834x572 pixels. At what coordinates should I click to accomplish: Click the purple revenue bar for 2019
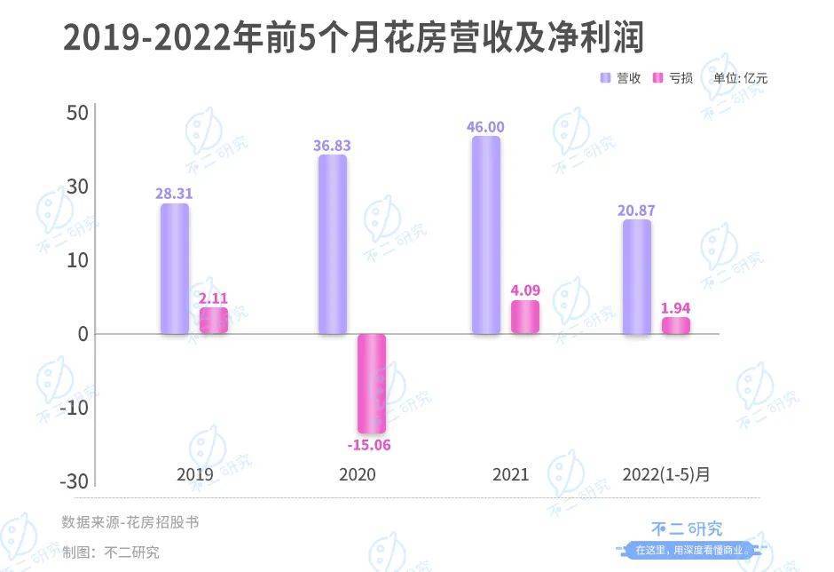coord(175,268)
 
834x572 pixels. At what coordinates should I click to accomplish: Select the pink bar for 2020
coord(372,383)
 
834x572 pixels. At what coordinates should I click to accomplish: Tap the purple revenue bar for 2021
coord(486,235)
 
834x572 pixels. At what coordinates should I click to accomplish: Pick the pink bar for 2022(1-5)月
coord(676,325)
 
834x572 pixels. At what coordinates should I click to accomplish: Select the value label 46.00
coord(485,127)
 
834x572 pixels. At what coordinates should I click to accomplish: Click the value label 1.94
coord(676,308)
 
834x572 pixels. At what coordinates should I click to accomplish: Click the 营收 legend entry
coord(621,78)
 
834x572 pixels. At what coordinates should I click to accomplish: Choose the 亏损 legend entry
coord(673,78)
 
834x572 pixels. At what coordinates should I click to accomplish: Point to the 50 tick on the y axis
coord(76,114)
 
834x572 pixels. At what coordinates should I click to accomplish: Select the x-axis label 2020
coord(358,474)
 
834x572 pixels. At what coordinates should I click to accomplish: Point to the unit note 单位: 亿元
coord(741,78)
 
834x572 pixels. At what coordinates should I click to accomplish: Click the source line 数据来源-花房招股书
coord(130,522)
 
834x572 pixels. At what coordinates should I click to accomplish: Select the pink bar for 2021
coord(525,317)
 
